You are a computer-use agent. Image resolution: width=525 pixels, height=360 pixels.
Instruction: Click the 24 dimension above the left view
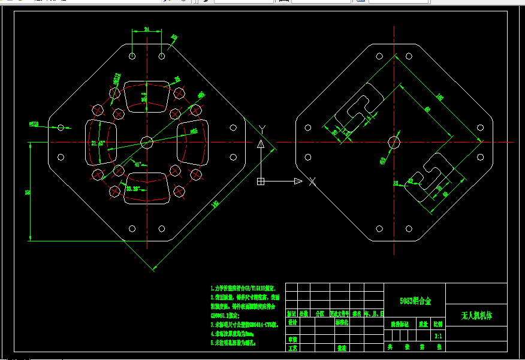pyautogui.click(x=147, y=28)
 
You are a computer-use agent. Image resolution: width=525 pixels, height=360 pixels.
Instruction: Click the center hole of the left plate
pyautogui.click(x=146, y=142)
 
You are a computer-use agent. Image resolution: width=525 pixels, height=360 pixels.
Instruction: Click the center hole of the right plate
pyautogui.click(x=394, y=142)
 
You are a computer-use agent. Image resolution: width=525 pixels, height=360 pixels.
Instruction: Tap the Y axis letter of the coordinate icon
pyautogui.click(x=262, y=129)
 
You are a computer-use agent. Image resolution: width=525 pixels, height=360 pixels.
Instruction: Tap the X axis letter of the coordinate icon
pyautogui.click(x=312, y=181)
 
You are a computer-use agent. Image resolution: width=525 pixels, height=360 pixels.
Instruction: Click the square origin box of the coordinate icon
pyautogui.click(x=261, y=181)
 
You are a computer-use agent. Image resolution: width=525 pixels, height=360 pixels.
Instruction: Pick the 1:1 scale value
pyautogui.click(x=438, y=337)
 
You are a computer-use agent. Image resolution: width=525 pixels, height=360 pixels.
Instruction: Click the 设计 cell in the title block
pyautogui.click(x=292, y=322)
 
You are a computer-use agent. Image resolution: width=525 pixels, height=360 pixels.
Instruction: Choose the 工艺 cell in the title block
pyautogui.click(x=292, y=347)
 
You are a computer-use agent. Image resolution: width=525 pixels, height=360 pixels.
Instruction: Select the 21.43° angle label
pyautogui.click(x=98, y=143)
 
